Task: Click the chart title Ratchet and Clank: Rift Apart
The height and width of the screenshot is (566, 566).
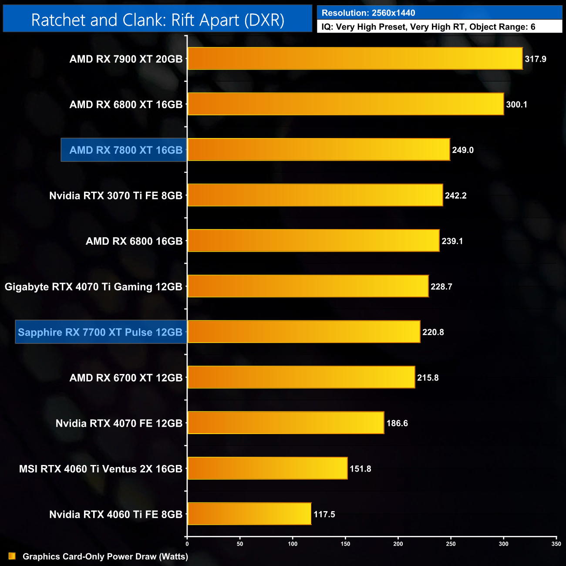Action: pos(158,20)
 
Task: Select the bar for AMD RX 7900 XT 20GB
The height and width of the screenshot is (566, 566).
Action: pos(355,59)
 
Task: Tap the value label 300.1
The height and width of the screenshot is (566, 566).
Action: pos(516,104)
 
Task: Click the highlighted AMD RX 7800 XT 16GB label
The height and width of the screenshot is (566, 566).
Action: pos(126,150)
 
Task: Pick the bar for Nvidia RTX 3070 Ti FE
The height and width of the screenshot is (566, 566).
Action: pos(315,195)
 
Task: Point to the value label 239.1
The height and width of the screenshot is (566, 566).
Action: pos(452,241)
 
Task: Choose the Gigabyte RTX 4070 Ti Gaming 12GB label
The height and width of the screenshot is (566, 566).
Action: pos(94,287)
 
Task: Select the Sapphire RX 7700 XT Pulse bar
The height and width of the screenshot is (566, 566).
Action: pos(303,332)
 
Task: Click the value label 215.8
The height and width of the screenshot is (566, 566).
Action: pos(428,378)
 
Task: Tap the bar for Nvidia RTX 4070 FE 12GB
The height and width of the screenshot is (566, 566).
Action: pos(286,423)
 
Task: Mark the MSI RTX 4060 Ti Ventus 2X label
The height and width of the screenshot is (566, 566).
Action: pos(101,469)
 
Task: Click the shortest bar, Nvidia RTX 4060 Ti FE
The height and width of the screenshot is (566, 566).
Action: pos(249,514)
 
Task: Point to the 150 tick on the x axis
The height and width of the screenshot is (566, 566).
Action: pos(345,544)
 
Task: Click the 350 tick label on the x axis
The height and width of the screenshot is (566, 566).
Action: pos(556,544)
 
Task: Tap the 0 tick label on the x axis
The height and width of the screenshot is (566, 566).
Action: pos(187,544)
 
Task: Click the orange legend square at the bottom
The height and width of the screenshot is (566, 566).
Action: pos(12,556)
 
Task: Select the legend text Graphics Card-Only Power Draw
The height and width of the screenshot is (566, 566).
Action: pos(105,556)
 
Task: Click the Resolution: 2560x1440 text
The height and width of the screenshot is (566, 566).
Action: pos(368,13)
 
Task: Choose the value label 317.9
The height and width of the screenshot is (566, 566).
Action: pos(535,59)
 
